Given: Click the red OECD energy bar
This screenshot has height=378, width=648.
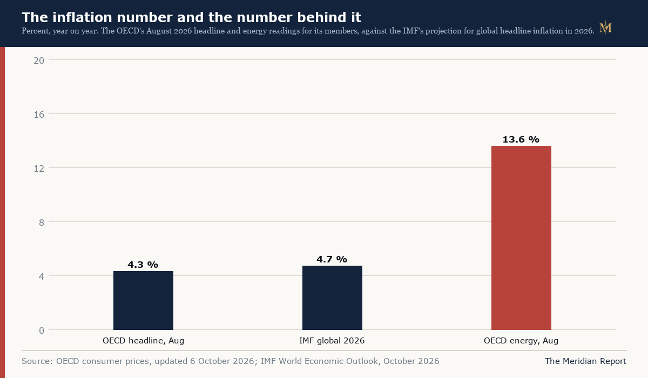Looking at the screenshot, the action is pyautogui.click(x=521, y=238).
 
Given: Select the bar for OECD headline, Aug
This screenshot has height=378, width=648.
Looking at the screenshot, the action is pyautogui.click(x=143, y=300).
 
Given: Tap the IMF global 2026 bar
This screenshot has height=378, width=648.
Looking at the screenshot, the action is pyautogui.click(x=332, y=298).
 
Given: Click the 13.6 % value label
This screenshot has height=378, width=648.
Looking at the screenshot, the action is pyautogui.click(x=521, y=139).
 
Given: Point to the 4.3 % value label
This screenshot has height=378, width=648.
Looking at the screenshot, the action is pyautogui.click(x=143, y=265).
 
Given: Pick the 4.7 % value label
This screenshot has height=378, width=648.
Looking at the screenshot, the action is pyautogui.click(x=332, y=259).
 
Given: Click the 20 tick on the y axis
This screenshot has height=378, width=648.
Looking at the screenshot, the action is pyautogui.click(x=39, y=60).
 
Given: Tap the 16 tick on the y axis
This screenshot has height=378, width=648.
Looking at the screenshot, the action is pyautogui.click(x=39, y=114).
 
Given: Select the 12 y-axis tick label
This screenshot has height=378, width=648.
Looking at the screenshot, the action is pyautogui.click(x=39, y=168).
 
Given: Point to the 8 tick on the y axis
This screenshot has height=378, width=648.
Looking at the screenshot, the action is pyautogui.click(x=42, y=222).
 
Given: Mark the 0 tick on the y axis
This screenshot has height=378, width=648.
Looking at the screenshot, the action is pyautogui.click(x=42, y=330).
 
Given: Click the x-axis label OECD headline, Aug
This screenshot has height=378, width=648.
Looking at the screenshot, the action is pyautogui.click(x=143, y=341).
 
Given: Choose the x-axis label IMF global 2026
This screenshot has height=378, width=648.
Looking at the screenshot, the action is pyautogui.click(x=332, y=341).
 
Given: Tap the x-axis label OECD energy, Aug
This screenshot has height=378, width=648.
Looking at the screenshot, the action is pyautogui.click(x=521, y=341).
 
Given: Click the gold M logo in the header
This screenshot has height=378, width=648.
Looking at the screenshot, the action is pyautogui.click(x=605, y=28).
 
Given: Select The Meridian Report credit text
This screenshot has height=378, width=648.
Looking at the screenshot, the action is pyautogui.click(x=585, y=361).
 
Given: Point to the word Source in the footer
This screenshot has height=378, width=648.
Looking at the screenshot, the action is pyautogui.click(x=37, y=361).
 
